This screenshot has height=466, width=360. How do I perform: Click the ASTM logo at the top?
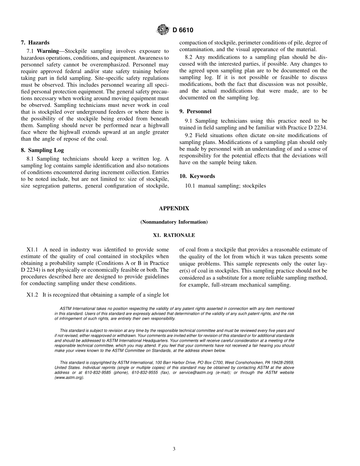pos(163,30)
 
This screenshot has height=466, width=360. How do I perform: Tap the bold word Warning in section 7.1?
pos(48,51)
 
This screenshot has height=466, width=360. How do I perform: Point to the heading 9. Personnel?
pos(195,111)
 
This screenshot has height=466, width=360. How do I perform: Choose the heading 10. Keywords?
pos(197,176)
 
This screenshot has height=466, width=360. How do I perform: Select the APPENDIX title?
pos(174,208)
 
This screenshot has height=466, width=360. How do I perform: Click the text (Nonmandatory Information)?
pos(174,222)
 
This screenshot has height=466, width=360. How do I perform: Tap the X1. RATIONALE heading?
pos(174,235)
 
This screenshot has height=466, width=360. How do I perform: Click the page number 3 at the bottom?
pos(174,449)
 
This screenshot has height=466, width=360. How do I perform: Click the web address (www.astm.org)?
pos(69,378)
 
